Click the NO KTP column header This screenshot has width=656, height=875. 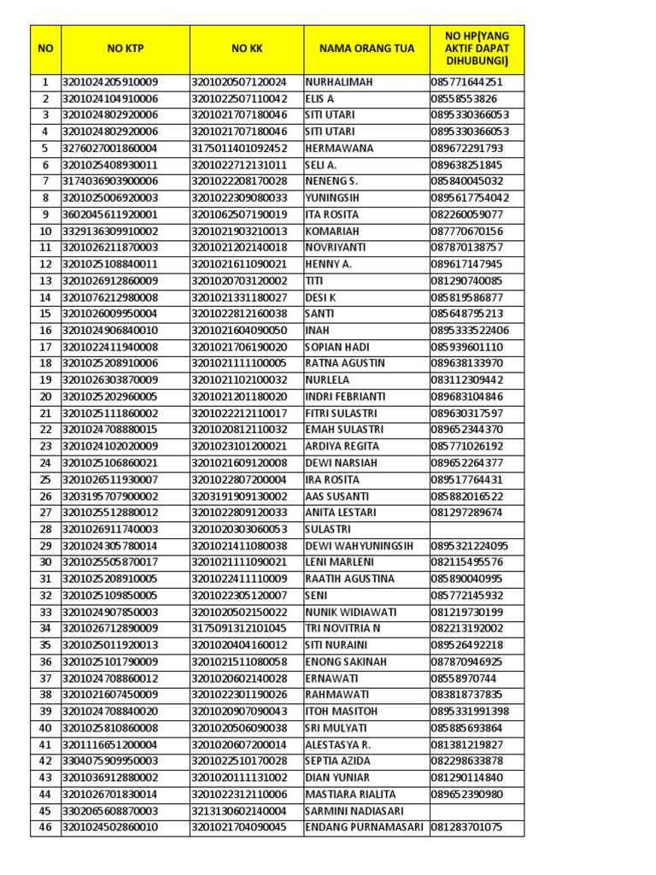coord(126,49)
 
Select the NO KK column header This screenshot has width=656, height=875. coord(246,49)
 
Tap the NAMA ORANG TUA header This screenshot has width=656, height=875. coord(366,49)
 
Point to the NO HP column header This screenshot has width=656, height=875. coord(477,49)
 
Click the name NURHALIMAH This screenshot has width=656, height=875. coord(339,82)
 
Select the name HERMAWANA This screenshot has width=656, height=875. coord(339,149)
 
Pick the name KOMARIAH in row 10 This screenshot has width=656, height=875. coord(334,231)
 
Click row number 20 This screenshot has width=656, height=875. coord(45,396)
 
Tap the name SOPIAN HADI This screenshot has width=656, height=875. coord(338,347)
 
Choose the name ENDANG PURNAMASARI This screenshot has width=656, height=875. coord(364,827)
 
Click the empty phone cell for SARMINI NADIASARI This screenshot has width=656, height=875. coord(477,811)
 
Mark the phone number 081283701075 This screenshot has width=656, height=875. coord(467,827)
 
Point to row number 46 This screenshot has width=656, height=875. coord(45,827)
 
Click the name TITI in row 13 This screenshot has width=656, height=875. coord(314,280)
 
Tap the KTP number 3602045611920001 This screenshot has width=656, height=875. coord(110,214)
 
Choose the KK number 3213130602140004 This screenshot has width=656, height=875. coord(239,811)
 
